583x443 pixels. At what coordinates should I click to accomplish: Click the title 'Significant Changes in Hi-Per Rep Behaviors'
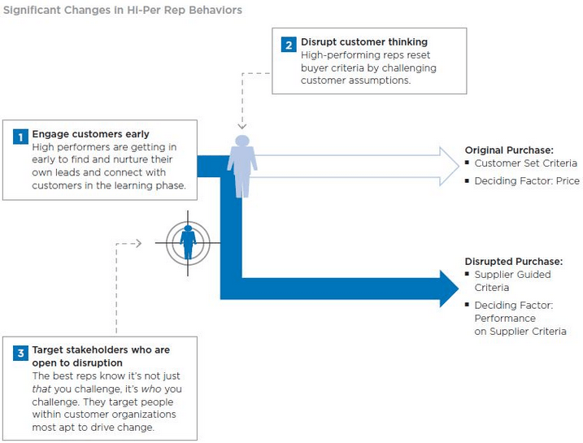(123, 11)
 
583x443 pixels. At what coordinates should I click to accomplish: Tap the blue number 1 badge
(20, 137)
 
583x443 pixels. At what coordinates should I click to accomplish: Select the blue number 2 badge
(289, 45)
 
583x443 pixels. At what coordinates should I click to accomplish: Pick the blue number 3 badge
(20, 354)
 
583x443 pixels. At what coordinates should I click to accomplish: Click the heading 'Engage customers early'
(90, 134)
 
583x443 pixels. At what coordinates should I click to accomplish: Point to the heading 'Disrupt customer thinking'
(364, 42)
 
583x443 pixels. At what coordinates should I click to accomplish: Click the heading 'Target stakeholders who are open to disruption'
(100, 356)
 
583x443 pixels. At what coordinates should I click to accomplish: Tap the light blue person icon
(241, 167)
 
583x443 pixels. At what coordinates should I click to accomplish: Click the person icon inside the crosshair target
(188, 237)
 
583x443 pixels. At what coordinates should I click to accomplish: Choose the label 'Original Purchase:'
(509, 150)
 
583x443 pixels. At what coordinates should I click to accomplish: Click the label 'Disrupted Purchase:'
(513, 262)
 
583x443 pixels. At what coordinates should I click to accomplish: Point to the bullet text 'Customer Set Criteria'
(525, 163)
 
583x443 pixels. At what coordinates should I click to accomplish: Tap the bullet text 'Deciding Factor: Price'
(527, 181)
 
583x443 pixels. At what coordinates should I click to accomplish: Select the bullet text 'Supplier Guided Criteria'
(512, 281)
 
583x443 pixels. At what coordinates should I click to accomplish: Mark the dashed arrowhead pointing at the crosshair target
(139, 243)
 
